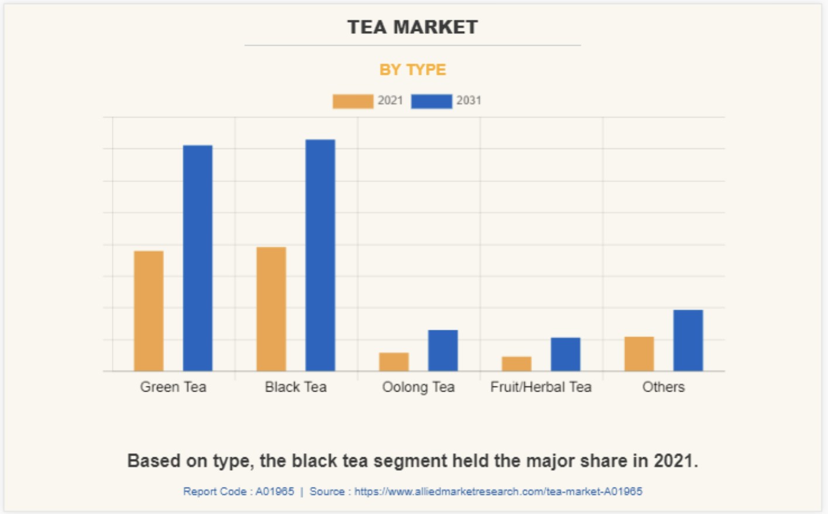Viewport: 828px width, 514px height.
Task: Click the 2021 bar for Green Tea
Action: coord(149,311)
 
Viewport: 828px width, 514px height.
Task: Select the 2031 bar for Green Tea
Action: coord(198,258)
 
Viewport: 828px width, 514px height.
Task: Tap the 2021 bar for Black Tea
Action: coord(272,309)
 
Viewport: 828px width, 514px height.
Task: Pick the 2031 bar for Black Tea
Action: coord(320,255)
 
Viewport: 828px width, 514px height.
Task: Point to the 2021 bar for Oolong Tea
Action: coord(394,362)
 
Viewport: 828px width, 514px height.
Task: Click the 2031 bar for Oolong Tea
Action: coord(443,351)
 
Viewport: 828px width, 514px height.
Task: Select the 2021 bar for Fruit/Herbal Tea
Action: coord(517,364)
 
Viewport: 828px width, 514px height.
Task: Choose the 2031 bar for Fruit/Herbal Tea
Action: coord(565,354)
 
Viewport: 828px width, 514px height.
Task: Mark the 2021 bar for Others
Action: coord(639,354)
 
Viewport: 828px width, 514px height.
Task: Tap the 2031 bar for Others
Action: coord(688,340)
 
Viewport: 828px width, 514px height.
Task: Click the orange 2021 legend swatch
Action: coord(353,101)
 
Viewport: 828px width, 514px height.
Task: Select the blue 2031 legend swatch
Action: coord(431,101)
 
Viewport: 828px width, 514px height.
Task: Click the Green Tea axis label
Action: coord(173,387)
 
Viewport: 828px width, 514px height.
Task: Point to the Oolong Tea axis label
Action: coord(418,387)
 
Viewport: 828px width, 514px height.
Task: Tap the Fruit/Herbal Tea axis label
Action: coord(541,387)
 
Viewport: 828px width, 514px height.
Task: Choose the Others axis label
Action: coord(664,387)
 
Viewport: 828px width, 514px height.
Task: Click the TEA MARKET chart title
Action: coord(413,27)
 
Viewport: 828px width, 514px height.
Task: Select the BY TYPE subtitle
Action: coord(413,70)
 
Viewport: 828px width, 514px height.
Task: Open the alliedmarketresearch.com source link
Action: coord(498,492)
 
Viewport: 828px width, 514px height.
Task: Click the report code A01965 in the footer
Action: coord(274,492)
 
